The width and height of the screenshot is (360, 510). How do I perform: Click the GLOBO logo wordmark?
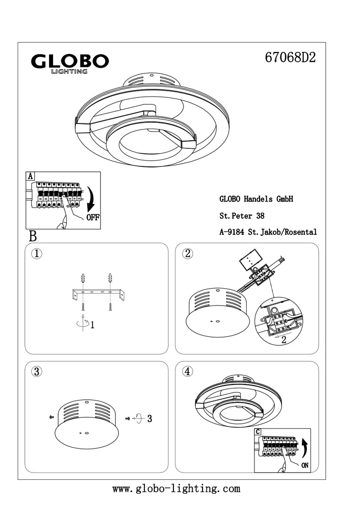coord(70,61)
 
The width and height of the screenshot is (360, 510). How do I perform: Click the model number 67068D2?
coord(291,58)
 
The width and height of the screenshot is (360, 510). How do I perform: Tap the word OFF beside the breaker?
coord(92,217)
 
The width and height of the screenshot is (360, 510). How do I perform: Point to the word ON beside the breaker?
coord(304,465)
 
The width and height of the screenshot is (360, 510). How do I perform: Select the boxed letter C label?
coord(258,432)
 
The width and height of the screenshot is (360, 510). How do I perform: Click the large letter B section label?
coord(33,236)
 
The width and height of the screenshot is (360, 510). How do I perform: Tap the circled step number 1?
coord(36,253)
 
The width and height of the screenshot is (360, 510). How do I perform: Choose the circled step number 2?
coord(188,253)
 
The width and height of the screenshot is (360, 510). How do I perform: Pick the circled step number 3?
coord(36,371)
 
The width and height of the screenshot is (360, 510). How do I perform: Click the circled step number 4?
coord(188,371)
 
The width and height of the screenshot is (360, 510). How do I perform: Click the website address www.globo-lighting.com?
coord(176,489)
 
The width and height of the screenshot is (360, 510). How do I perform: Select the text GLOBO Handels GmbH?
coord(256,199)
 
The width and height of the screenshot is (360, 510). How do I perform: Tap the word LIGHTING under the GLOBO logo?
coord(69,72)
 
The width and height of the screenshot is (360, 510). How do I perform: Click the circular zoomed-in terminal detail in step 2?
coord(278,321)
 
